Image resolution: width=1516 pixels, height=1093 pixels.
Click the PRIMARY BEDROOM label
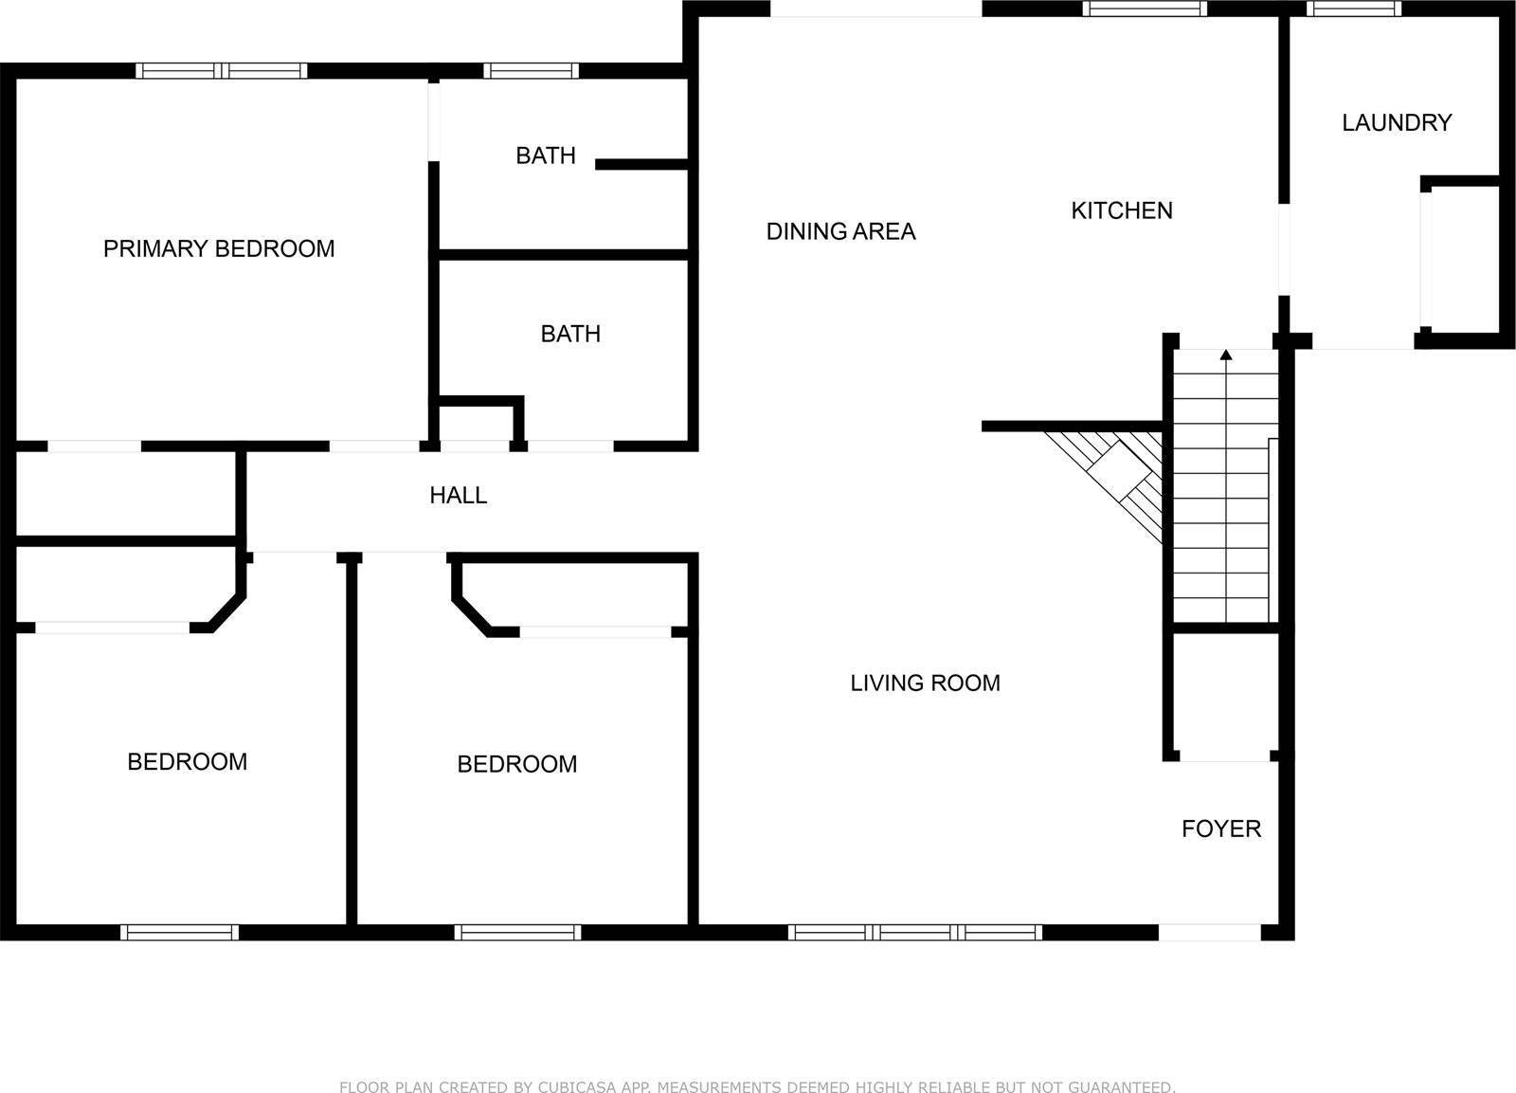click(x=219, y=248)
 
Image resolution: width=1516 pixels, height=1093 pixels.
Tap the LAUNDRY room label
click(x=1396, y=122)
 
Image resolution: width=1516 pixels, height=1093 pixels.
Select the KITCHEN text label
click(x=1122, y=210)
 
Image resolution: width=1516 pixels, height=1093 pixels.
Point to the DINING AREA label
click(x=840, y=231)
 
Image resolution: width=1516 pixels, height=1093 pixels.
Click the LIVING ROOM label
click(x=925, y=683)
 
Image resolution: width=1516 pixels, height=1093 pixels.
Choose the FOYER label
click(x=1221, y=829)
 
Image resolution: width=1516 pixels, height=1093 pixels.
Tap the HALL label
click(x=459, y=495)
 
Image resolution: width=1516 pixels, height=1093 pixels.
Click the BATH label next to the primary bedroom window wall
click(x=546, y=155)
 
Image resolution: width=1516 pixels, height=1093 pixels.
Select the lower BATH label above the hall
click(x=570, y=334)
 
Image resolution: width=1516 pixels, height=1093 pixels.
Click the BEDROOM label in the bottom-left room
click(x=188, y=761)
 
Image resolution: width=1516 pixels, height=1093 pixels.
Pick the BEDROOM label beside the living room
click(x=517, y=764)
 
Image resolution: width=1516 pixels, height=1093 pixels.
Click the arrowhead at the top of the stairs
click(x=1226, y=355)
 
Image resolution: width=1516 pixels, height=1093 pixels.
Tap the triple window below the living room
click(x=914, y=932)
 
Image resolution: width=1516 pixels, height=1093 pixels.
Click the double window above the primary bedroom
click(x=222, y=70)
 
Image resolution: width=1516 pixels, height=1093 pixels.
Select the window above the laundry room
click(x=1353, y=9)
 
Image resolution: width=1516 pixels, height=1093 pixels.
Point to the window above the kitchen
click(x=1145, y=9)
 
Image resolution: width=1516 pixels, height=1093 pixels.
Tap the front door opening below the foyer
click(x=1210, y=932)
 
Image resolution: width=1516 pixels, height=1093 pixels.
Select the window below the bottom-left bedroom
click(x=180, y=932)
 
